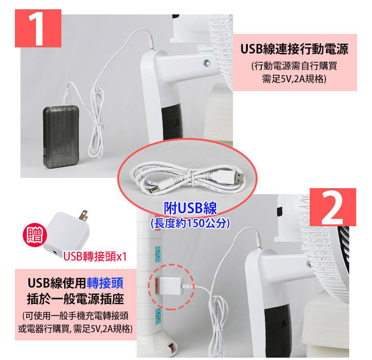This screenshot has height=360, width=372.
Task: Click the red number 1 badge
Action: click(x=38, y=28)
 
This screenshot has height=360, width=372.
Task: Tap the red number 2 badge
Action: click(x=332, y=207)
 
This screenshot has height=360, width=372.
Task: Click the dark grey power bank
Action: click(x=61, y=137)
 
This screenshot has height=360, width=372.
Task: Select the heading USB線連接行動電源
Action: click(x=294, y=49)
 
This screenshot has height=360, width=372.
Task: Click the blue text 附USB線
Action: click(x=190, y=208)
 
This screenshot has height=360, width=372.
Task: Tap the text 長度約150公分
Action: click(x=190, y=223)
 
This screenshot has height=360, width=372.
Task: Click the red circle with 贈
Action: click(x=35, y=235)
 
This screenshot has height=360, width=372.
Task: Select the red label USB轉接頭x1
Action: click(x=95, y=256)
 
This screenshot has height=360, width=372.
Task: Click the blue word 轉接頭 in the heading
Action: click(x=105, y=283)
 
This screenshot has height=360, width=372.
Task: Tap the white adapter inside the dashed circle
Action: click(x=170, y=286)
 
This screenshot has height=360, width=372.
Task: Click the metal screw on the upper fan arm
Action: click(x=206, y=63)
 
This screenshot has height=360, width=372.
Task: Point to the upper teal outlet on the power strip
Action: click(x=158, y=254)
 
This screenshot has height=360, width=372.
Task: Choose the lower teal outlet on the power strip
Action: click(x=158, y=315)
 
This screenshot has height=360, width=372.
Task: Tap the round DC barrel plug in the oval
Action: click(x=153, y=191)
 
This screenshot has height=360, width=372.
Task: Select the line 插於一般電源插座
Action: click(x=75, y=299)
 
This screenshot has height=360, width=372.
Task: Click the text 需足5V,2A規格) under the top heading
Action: click(x=294, y=79)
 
